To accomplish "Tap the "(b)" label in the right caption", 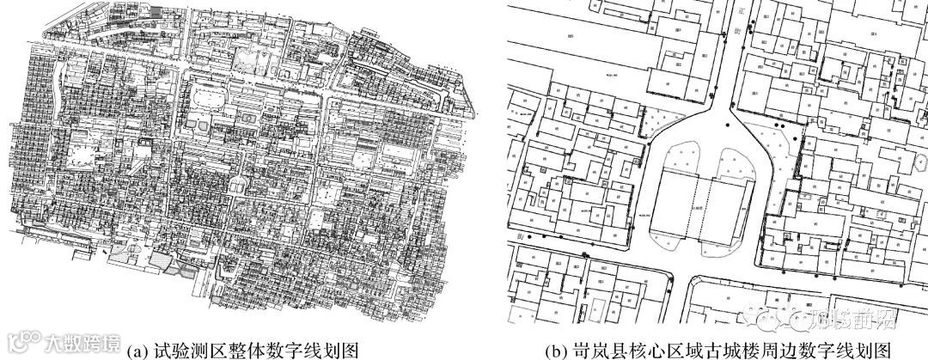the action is pos(559,351).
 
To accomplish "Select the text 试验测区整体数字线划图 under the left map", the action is pos(250,351).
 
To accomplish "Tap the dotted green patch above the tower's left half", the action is pos(673,159).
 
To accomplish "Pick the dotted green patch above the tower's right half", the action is pos(731,159).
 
